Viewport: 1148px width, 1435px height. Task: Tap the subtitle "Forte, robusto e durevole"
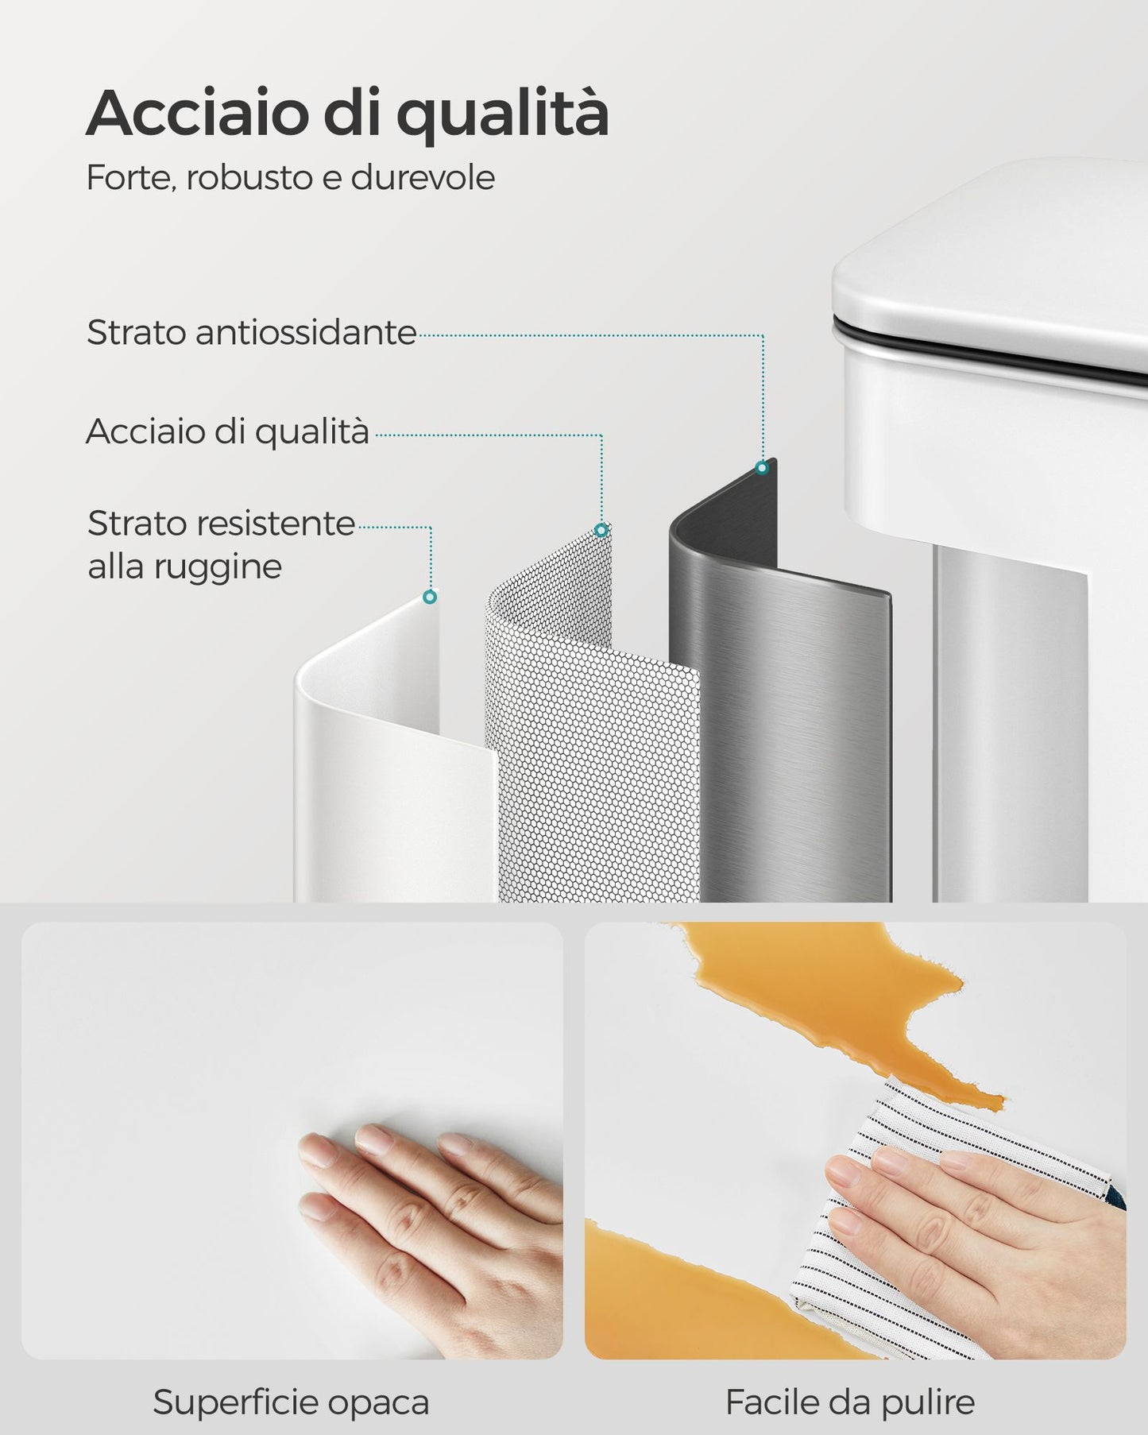coord(290,177)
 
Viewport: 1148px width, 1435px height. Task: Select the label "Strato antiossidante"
coord(251,332)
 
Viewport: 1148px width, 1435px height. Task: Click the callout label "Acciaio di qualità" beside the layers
coord(227,431)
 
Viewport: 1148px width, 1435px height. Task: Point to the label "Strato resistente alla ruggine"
coord(221,545)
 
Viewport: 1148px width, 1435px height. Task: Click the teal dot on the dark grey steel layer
coord(762,468)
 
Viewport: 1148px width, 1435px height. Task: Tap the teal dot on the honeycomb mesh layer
coord(601,530)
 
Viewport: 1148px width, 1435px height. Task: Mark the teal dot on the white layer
coord(430,597)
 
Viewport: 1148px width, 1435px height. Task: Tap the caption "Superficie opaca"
coord(291,1402)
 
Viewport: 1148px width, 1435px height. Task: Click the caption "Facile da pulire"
coord(850,1402)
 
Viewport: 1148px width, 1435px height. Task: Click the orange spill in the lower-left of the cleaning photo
coord(699,1295)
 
